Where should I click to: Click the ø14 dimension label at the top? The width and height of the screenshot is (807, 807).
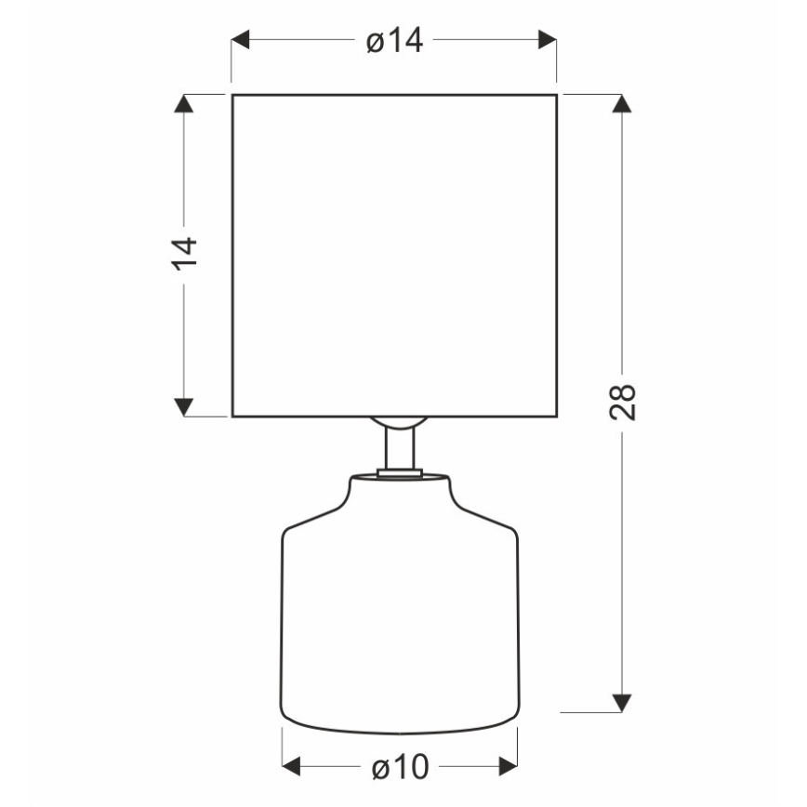395,40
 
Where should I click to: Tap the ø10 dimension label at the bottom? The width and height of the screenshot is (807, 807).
401,767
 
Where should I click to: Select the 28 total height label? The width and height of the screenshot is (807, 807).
623,402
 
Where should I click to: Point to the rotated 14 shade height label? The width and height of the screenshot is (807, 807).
184,254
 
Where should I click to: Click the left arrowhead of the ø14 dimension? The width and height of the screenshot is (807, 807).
241,40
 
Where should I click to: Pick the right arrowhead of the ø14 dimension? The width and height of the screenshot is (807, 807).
547,40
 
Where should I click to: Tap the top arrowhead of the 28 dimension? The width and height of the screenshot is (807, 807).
622,103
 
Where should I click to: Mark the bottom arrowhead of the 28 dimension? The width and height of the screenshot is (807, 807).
622,703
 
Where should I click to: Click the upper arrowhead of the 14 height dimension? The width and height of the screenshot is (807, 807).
184,103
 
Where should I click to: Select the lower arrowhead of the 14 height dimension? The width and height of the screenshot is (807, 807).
184,407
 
